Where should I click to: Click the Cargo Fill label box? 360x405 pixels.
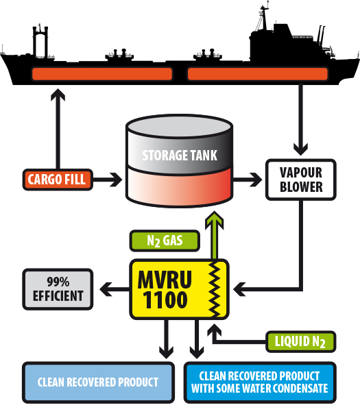pos(58,180)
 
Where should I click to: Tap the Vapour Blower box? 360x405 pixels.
pos(301,180)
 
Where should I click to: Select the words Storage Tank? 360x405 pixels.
pos(180,156)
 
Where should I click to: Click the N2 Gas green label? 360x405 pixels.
pos(165,241)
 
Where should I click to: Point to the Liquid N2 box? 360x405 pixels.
pos(301,341)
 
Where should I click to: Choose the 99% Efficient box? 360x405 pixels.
pos(58,289)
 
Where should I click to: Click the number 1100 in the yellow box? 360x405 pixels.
pos(165,299)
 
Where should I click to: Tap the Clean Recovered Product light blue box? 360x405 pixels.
pos(98,382)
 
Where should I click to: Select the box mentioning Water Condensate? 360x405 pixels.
pos(260,382)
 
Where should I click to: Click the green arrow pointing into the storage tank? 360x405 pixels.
pos(214,235)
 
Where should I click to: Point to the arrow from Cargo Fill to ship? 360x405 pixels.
pos(58,129)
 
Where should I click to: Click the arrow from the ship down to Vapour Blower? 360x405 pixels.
pos(301,120)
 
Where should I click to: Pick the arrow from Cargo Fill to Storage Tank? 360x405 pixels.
pos(108,180)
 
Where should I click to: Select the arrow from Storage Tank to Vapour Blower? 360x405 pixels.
pos(248,180)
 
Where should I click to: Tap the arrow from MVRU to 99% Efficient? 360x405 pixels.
pos(115,289)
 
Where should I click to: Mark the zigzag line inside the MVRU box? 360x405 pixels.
pos(214,289)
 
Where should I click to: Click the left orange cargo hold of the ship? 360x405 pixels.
pos(102,74)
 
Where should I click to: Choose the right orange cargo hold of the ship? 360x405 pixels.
pos(258,74)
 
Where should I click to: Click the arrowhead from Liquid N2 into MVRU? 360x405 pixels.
pos(214,330)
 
